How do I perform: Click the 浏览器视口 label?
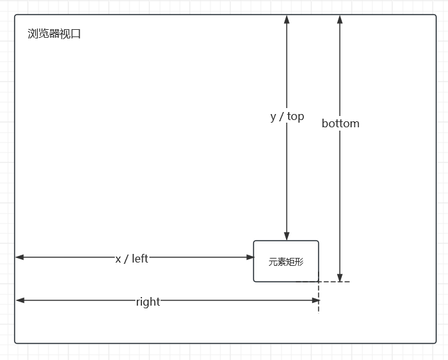click(x=54, y=34)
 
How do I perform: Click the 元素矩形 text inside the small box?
click(x=285, y=262)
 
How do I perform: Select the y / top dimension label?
click(x=287, y=117)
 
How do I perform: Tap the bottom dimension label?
click(x=340, y=123)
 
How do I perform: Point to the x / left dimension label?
click(x=131, y=259)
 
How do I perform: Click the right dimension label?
click(x=147, y=302)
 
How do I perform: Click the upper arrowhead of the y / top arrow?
click(x=287, y=20)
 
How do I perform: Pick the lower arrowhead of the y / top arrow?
click(x=287, y=235)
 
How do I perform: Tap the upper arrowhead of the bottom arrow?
click(x=340, y=20)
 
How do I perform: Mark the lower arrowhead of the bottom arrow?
click(x=340, y=277)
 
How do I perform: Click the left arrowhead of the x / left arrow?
click(x=20, y=257)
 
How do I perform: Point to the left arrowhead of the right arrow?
click(x=20, y=301)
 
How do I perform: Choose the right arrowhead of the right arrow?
click(x=316, y=301)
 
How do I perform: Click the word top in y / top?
click(x=295, y=117)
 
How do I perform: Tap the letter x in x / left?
click(x=118, y=259)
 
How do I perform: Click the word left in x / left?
click(x=140, y=259)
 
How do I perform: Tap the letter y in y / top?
click(x=273, y=117)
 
